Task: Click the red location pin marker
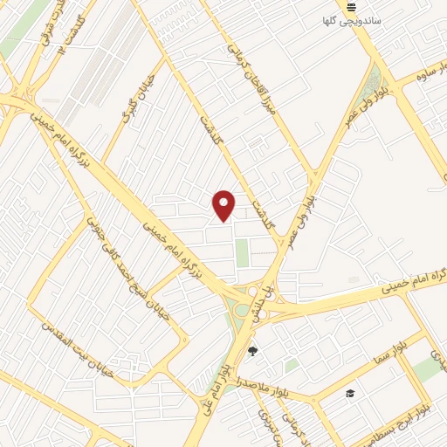click(224, 206)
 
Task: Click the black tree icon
click(253, 352)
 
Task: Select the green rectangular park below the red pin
click(242, 254)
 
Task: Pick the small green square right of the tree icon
click(291, 366)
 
